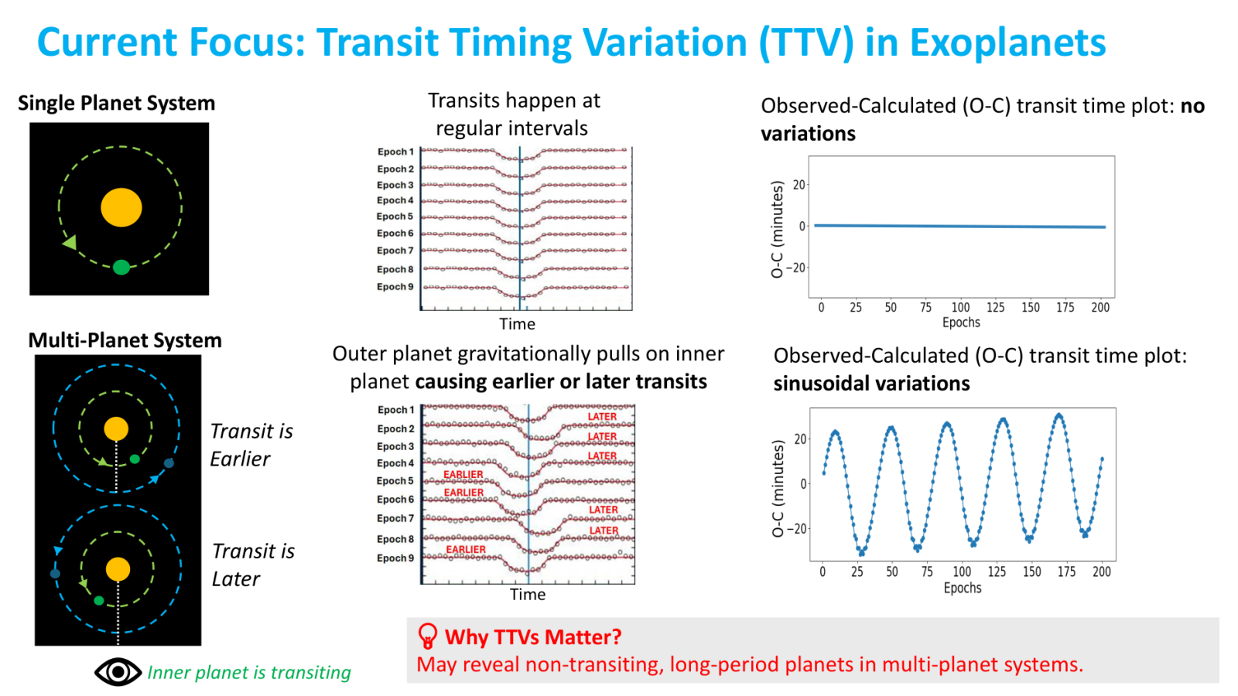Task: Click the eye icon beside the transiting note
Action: pos(118,672)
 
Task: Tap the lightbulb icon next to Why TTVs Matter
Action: pos(428,636)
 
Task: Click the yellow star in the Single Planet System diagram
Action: pos(121,208)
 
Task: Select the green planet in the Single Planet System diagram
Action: pos(121,268)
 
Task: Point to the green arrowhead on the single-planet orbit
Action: pos(70,243)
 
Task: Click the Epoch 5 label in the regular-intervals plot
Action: pos(395,217)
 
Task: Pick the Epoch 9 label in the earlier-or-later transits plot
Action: pos(395,558)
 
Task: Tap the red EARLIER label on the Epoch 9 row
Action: pos(466,549)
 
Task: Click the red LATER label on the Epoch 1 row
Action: pos(602,417)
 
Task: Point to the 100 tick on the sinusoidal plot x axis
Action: pos(962,571)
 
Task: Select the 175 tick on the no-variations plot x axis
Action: pos(1065,307)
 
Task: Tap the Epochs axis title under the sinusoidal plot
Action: pos(963,589)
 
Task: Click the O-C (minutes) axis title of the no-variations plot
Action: pos(777,229)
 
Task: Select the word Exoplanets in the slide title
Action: pos(1007,43)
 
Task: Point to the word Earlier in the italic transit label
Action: pos(240,459)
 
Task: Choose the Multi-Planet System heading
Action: pos(125,340)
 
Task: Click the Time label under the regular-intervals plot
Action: pos(518,324)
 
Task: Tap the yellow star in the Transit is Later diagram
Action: pos(118,569)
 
